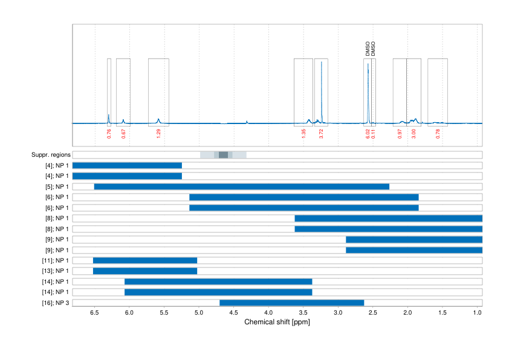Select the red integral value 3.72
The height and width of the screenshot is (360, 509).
321,134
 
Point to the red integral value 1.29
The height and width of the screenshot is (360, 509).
158,134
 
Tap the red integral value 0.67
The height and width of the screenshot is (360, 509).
123,134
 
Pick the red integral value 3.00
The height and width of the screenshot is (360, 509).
414,134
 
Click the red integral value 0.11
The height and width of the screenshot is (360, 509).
374,134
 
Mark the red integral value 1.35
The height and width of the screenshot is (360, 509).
303,134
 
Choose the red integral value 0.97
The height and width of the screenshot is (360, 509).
400,134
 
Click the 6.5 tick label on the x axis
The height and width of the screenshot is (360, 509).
94,313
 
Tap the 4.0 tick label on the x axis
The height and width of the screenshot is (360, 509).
268,313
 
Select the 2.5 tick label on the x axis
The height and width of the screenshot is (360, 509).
373,313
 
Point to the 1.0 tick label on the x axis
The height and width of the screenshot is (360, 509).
478,313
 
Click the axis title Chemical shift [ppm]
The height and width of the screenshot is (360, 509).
277,322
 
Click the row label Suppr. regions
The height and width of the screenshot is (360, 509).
50,155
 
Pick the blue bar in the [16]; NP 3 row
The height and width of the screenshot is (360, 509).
292,303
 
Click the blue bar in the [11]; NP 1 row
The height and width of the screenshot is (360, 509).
145,260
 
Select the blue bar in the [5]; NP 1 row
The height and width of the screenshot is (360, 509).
242,186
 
